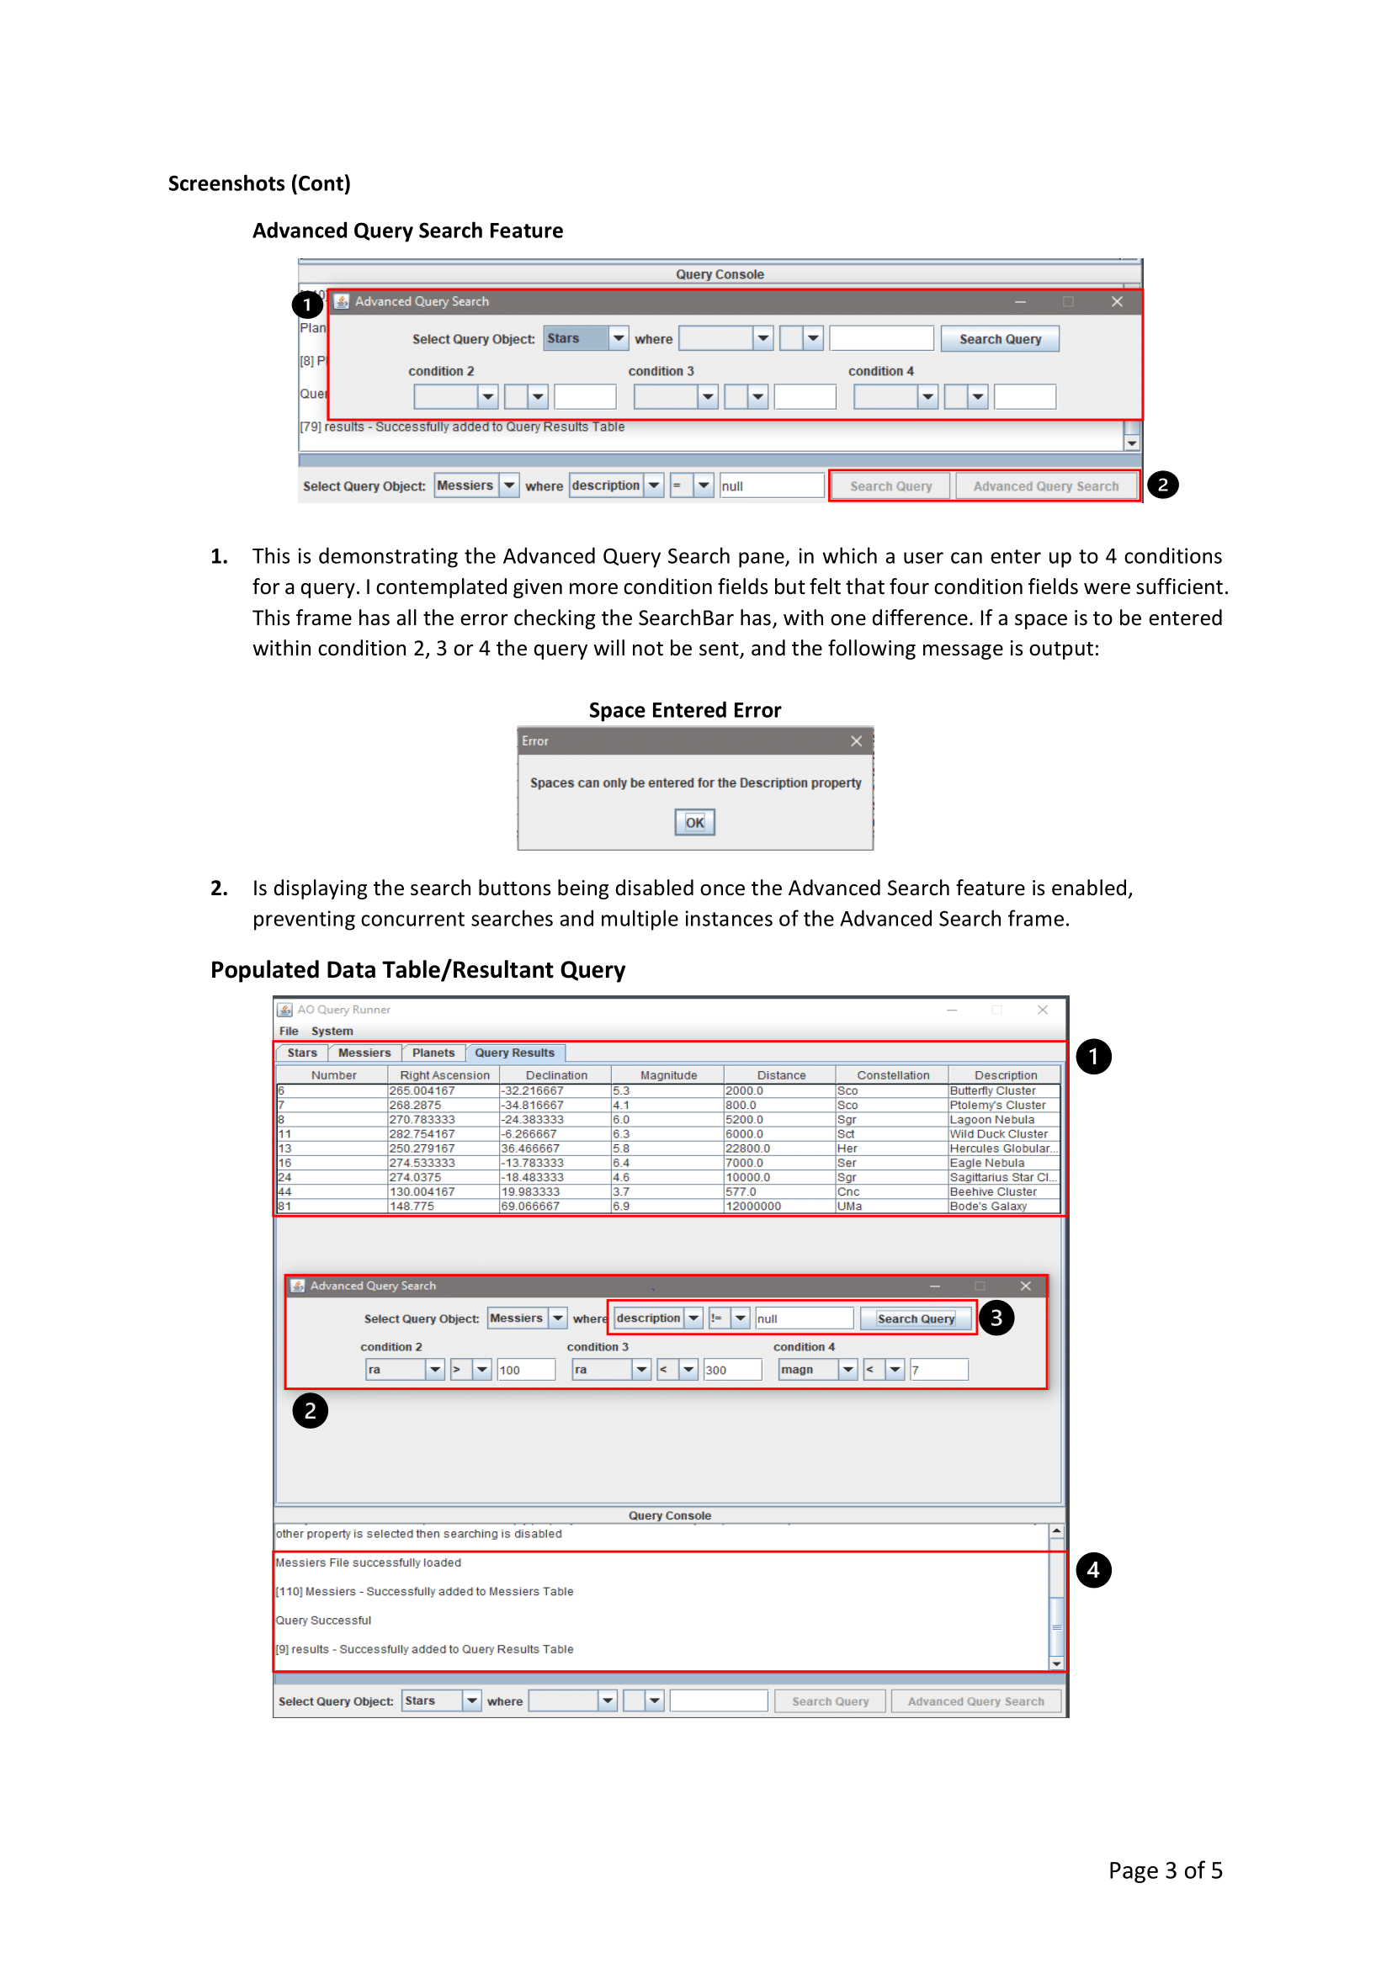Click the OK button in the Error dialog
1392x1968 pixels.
tap(694, 823)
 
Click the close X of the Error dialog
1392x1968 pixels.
tap(856, 741)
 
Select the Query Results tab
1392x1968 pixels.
tap(514, 1053)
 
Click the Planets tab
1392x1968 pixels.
tap(433, 1053)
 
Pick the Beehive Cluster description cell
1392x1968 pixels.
tap(993, 1191)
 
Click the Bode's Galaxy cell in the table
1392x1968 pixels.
tap(988, 1206)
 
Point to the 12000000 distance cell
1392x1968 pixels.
tap(753, 1206)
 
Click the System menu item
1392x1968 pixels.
tap(332, 1032)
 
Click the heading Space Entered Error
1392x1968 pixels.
tap(685, 711)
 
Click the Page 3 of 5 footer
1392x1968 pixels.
tap(1165, 1870)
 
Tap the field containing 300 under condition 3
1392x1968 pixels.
tap(731, 1370)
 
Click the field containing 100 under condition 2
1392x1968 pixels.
tap(524, 1370)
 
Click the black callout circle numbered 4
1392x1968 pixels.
tap(1094, 1570)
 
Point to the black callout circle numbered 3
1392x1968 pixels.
tap(996, 1318)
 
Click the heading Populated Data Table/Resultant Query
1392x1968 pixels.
tap(417, 970)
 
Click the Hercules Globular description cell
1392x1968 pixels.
tap(1000, 1148)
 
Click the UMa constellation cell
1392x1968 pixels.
tap(849, 1206)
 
